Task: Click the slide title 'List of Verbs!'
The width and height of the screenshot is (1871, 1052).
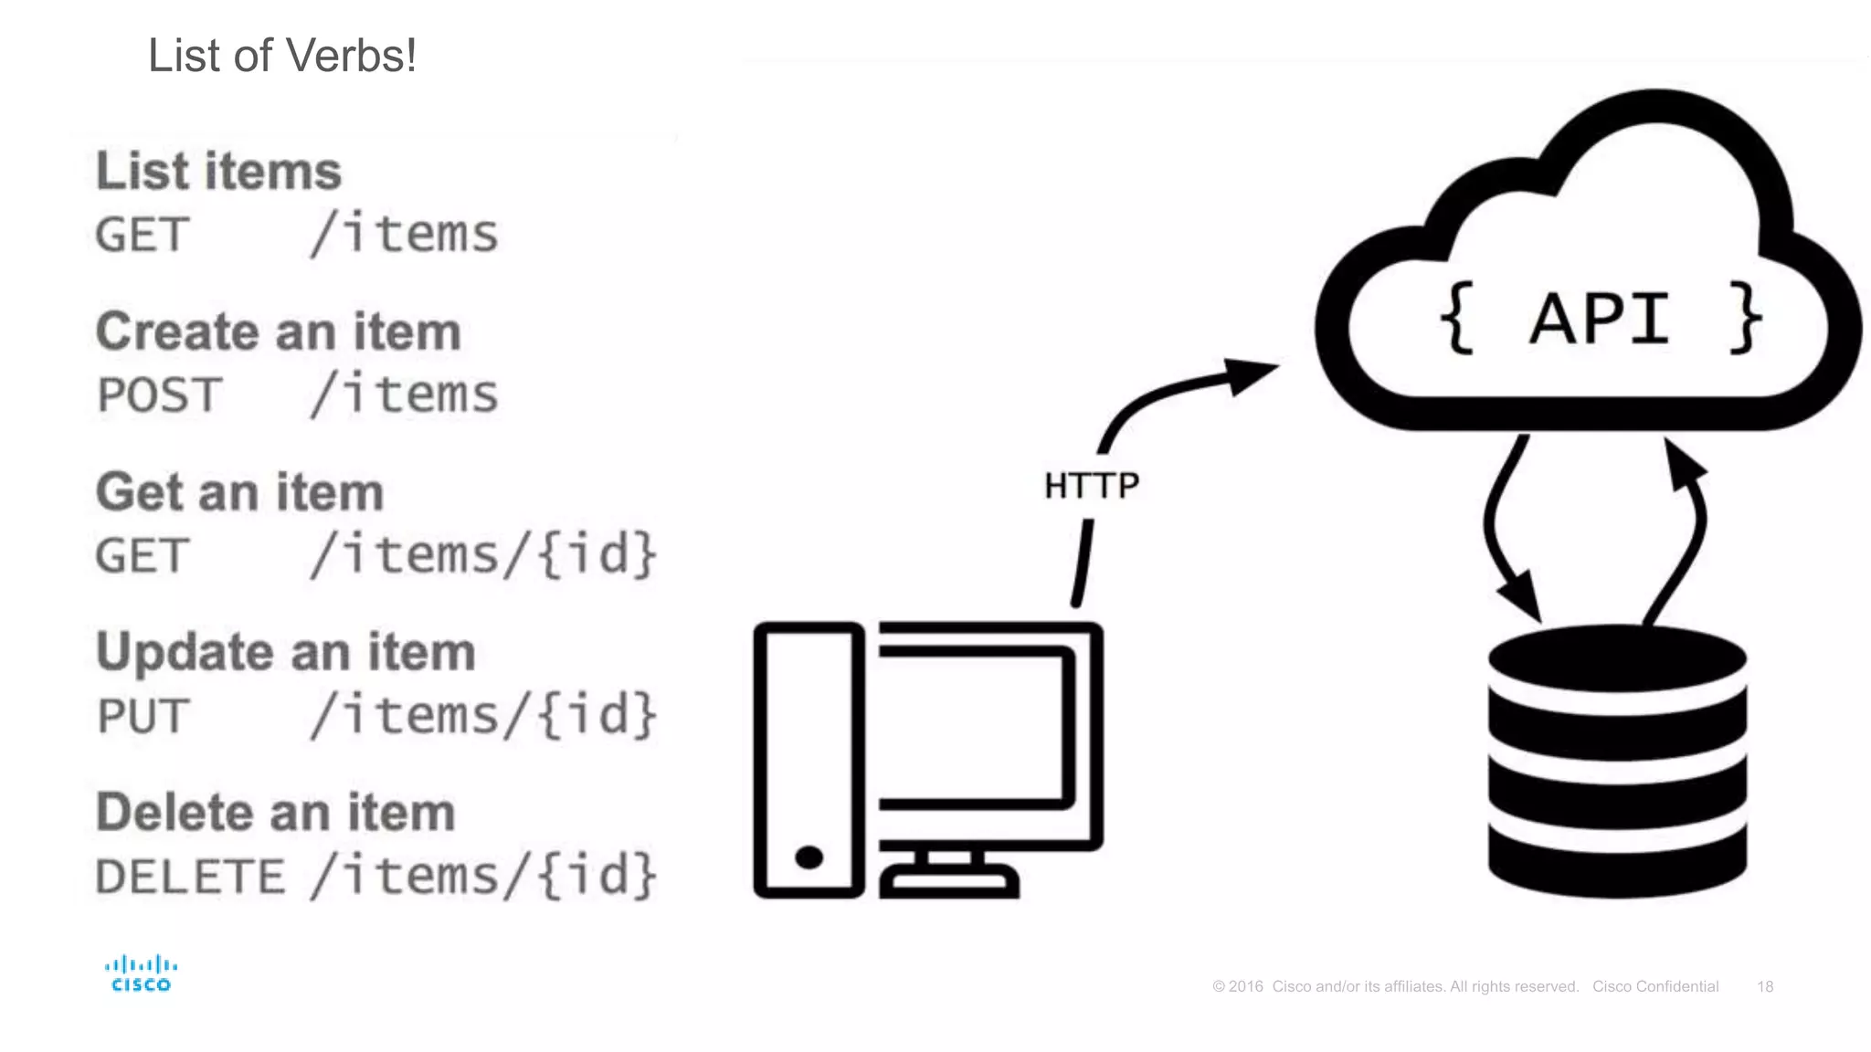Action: (x=282, y=56)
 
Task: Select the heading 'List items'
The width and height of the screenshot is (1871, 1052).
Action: (x=219, y=171)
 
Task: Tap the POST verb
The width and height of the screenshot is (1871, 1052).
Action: (x=159, y=395)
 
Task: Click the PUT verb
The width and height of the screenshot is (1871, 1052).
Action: (x=143, y=716)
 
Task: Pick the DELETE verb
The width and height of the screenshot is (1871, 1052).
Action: (x=190, y=877)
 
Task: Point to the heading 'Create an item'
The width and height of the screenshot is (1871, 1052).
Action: (x=279, y=331)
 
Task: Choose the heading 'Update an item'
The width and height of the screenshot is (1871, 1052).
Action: (x=286, y=652)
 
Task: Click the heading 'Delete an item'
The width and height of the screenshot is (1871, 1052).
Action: (x=276, y=813)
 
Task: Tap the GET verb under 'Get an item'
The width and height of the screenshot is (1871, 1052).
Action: (x=143, y=556)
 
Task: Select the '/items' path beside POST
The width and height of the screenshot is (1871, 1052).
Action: (x=405, y=394)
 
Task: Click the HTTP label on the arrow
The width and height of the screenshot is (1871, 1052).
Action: (x=1092, y=486)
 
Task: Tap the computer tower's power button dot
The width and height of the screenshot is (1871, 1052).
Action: (x=809, y=857)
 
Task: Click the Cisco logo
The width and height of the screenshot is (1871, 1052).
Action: (x=141, y=973)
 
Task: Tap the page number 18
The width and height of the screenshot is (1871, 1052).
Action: (x=1765, y=986)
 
